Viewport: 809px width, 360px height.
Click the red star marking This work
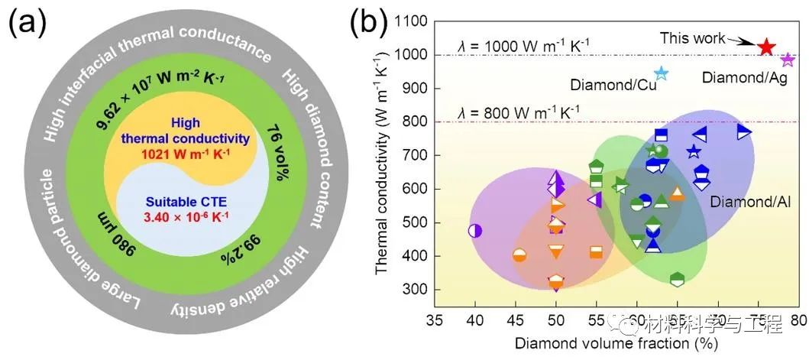(767, 47)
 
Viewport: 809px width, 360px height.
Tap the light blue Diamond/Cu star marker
(661, 74)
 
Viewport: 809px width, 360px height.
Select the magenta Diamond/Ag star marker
(788, 60)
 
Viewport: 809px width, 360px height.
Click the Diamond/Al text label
(739, 202)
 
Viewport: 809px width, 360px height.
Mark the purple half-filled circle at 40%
(474, 230)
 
